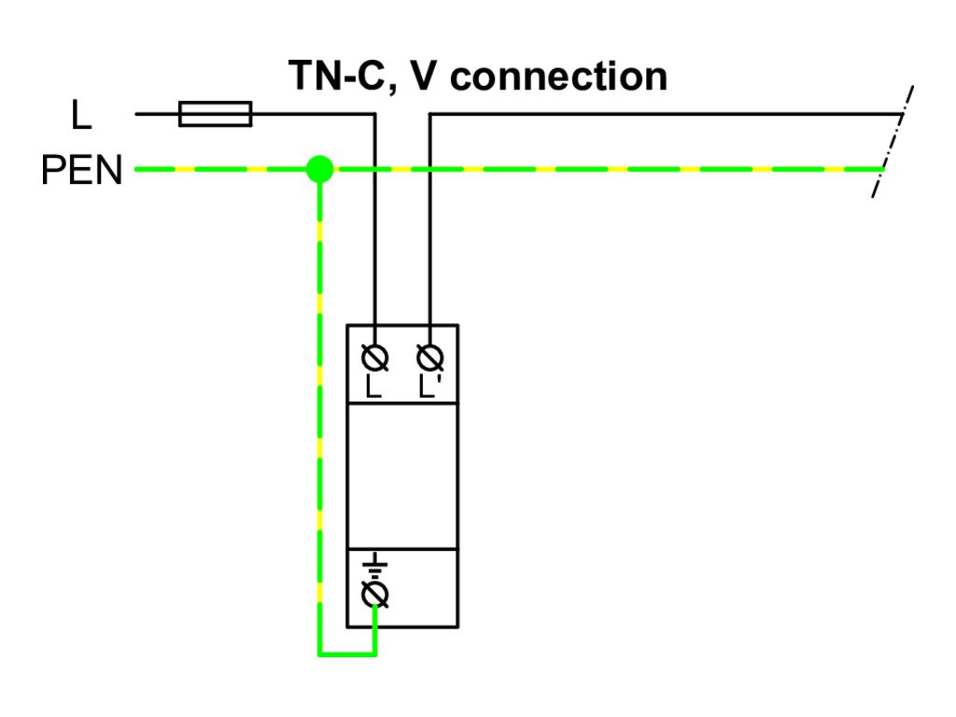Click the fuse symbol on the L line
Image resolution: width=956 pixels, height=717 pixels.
click(215, 114)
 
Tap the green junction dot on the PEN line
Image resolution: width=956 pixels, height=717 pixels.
click(320, 169)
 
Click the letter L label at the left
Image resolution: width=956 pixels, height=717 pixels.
click(82, 116)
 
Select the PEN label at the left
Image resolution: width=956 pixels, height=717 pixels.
click(82, 171)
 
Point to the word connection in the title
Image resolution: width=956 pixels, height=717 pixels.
click(558, 76)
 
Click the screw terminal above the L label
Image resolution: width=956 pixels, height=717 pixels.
click(374, 357)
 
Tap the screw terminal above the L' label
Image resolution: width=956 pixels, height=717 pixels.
click(429, 357)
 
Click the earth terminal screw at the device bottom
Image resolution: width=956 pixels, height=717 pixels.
click(374, 594)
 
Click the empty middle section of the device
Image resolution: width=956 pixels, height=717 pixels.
click(402, 476)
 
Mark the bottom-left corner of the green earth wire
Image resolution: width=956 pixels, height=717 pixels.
click(320, 654)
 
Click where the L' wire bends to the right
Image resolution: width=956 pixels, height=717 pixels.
click(429, 115)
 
